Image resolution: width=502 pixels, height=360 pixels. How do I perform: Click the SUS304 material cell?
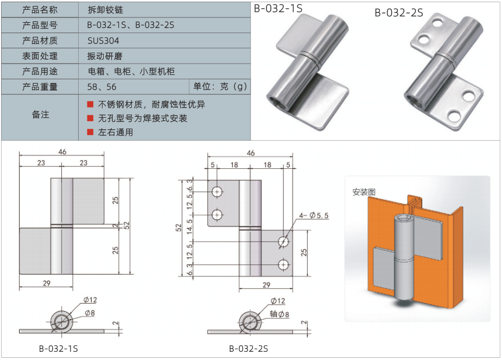pos(103,41)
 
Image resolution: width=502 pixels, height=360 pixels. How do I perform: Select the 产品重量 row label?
pos(40,87)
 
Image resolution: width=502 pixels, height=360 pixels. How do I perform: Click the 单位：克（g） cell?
pos(219,86)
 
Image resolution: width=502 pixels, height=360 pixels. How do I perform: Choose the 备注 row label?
pos(40,115)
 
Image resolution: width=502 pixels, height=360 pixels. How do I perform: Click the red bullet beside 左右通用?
pos(90,132)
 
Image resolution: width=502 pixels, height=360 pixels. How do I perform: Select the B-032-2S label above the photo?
pos(399,12)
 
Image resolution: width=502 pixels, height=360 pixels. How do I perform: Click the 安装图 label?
pos(364,192)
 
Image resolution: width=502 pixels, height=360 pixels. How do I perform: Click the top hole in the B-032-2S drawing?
pos(217,192)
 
